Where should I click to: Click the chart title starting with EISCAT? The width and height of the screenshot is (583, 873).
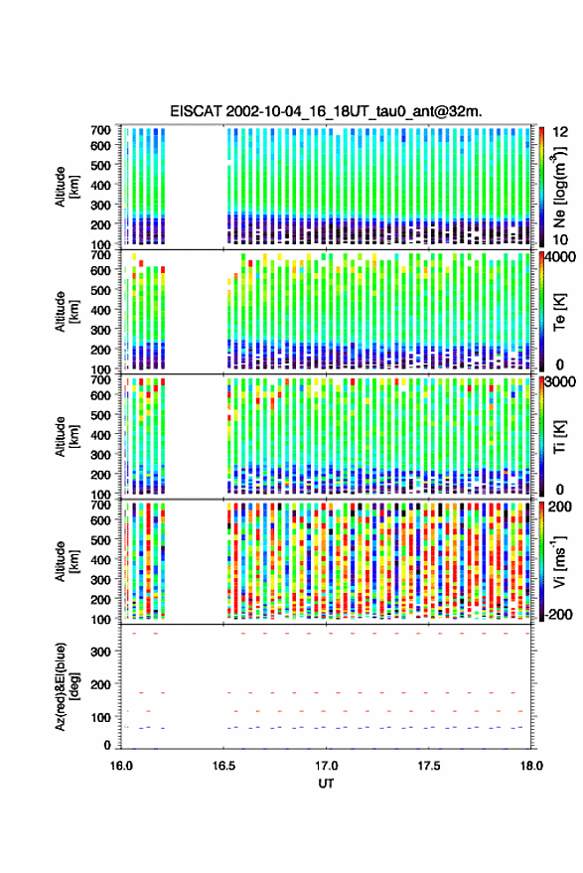pos(327,111)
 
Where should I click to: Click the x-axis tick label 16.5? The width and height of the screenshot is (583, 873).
pos(223,766)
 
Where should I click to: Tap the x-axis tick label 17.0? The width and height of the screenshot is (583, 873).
pos(326,766)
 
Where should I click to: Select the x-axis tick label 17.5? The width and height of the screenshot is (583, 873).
pos(428,766)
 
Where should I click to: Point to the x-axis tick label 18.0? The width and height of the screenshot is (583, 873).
pos(531,766)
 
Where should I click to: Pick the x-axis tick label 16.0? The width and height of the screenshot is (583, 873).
pos(121,766)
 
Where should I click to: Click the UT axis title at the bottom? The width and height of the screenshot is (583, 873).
pos(326,784)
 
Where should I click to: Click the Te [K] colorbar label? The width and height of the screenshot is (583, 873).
pos(559,312)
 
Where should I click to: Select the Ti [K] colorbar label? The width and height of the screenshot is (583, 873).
pos(559,437)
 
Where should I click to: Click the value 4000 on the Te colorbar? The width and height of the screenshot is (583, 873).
pos(559,258)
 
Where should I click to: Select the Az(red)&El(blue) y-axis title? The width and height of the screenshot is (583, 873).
pos(66,686)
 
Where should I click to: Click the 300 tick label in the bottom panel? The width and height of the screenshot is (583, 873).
pos(100,652)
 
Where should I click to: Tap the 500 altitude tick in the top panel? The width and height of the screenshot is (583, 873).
pos(100,165)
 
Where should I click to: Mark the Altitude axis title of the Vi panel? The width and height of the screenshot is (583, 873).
pos(67,561)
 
